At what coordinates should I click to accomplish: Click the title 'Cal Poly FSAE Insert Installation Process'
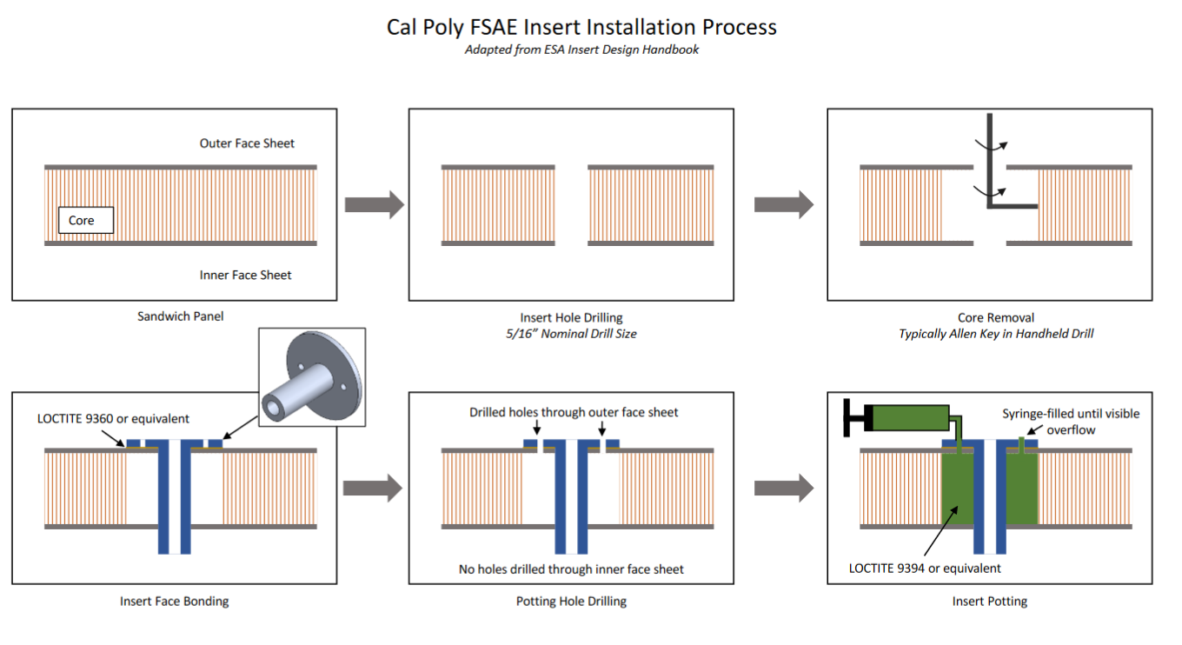tap(581, 27)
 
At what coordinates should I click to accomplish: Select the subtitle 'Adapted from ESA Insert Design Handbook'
tap(581, 50)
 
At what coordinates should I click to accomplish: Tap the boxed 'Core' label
tap(82, 221)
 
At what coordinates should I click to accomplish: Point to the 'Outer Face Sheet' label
tap(247, 143)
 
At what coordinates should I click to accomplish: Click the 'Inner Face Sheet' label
tap(246, 275)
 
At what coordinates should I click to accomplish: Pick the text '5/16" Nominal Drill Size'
tap(571, 333)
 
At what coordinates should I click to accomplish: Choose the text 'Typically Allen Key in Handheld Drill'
tap(996, 333)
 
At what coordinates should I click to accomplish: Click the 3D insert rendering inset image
tap(311, 374)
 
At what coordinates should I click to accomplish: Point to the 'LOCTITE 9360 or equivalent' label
tap(113, 418)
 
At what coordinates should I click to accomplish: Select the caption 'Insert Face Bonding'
tap(174, 601)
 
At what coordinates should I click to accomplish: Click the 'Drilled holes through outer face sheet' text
tap(574, 412)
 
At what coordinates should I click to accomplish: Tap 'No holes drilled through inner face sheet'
tap(571, 569)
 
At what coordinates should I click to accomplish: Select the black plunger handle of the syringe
tap(857, 419)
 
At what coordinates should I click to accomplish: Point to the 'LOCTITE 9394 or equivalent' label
tap(925, 569)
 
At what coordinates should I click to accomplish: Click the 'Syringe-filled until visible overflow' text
tap(1070, 421)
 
